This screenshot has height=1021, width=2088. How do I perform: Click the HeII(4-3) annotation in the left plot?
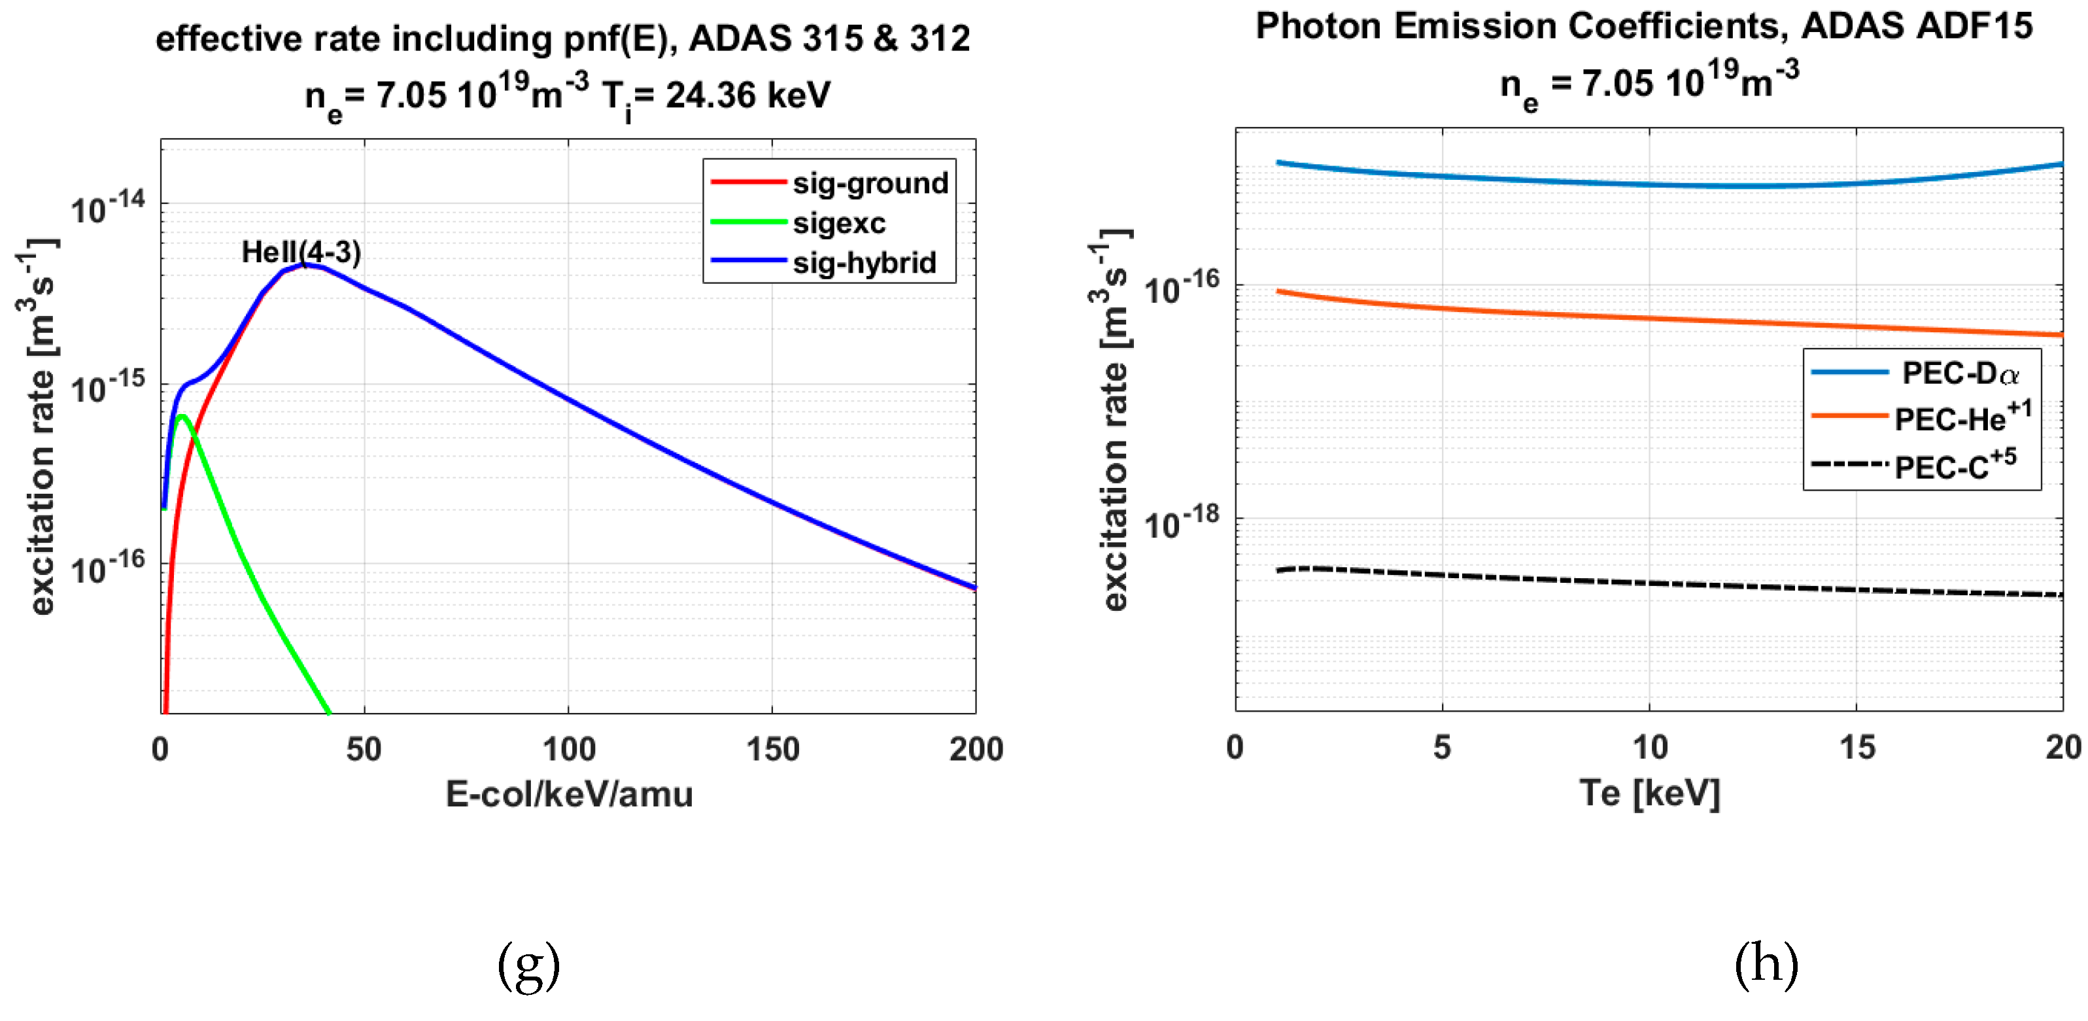tap(301, 252)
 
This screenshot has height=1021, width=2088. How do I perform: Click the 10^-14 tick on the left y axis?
tap(108, 207)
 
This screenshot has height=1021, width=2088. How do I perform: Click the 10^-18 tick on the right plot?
tap(1181, 523)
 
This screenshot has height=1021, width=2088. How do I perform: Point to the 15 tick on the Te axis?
tap(1856, 747)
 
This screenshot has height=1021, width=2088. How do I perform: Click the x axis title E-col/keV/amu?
tap(569, 794)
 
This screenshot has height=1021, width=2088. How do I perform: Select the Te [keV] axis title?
tap(1649, 792)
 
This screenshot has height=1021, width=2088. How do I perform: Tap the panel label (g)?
tap(528, 965)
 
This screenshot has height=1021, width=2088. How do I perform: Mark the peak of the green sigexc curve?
tap(183, 416)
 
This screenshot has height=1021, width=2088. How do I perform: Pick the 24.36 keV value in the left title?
tap(747, 95)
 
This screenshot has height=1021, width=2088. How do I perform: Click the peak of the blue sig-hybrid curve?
tap(304, 264)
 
